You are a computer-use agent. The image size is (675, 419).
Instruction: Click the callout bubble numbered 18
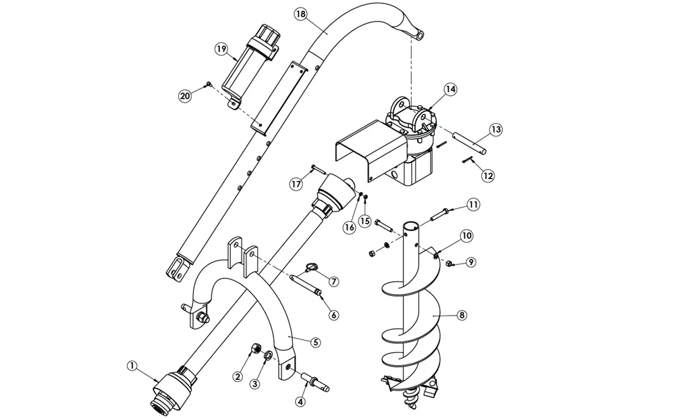300,14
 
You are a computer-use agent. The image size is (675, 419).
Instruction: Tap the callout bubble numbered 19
221,49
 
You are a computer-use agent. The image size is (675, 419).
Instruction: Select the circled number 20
185,95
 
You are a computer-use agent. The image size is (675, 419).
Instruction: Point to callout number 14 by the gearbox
450,89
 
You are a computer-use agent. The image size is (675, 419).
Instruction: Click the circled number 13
495,129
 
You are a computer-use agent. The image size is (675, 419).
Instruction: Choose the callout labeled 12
488,176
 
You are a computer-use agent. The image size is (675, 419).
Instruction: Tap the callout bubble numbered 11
474,204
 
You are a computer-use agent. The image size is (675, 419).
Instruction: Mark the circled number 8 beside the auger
462,315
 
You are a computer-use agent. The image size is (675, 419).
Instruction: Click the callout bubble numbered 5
315,342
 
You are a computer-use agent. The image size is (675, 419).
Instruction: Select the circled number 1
132,366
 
